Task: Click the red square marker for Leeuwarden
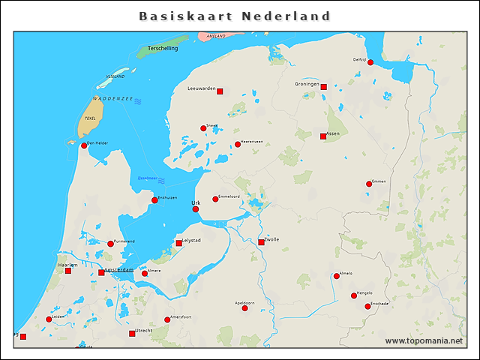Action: click(x=220, y=91)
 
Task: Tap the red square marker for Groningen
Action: click(x=324, y=87)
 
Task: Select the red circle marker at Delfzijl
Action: click(x=370, y=63)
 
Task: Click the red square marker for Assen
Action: click(x=323, y=136)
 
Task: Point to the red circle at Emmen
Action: click(x=369, y=184)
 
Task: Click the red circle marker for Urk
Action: click(x=196, y=209)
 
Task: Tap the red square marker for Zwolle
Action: click(x=261, y=242)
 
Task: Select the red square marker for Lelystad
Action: click(x=178, y=243)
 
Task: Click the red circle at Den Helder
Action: click(x=84, y=145)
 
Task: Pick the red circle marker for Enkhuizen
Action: click(x=154, y=200)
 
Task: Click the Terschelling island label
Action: click(x=163, y=49)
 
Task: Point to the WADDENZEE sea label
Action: click(x=112, y=98)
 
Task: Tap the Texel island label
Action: click(x=91, y=118)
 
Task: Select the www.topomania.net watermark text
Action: click(x=424, y=340)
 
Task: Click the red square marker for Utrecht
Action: click(x=132, y=333)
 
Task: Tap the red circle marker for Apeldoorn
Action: click(x=244, y=308)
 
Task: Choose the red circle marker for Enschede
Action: click(x=367, y=306)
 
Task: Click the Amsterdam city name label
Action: click(x=118, y=269)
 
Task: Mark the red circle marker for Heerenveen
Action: click(x=238, y=144)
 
